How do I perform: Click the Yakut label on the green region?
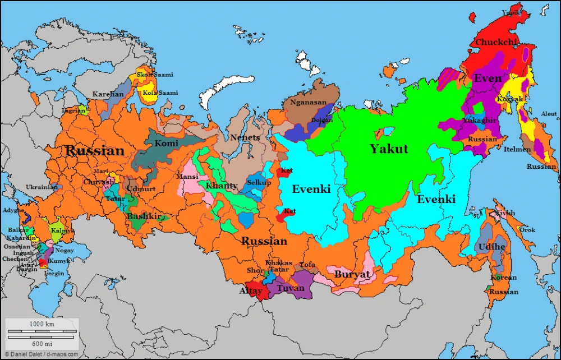[x=388, y=149]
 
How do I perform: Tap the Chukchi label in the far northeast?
[x=495, y=42]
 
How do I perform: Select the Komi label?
[x=166, y=144]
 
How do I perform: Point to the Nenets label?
[x=245, y=138]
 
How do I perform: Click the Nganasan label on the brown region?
[x=308, y=103]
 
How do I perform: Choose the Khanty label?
[x=221, y=186]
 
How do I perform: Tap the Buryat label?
[x=352, y=275]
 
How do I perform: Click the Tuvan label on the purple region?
[x=291, y=288]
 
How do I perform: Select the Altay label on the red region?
[x=251, y=291]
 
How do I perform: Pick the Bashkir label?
[x=144, y=216]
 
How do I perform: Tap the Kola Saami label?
[x=160, y=93]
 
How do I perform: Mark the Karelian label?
[x=108, y=94]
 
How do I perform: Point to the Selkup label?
[x=259, y=183]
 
